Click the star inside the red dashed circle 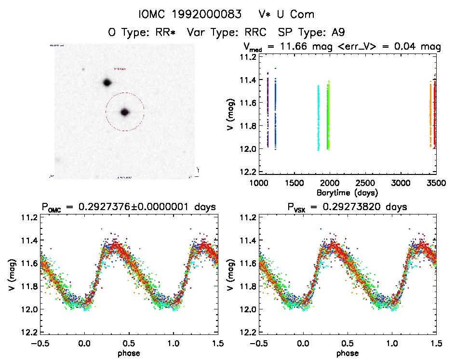tap(125, 112)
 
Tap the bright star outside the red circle tap(107, 82)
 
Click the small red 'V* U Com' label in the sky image tap(120, 69)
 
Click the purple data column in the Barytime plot tap(267, 111)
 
